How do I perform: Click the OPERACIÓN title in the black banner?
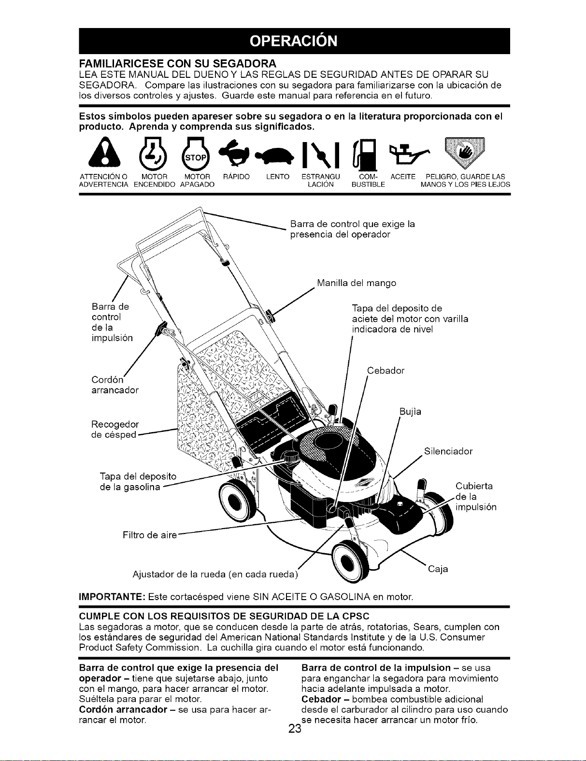(x=294, y=41)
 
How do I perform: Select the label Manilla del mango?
(x=357, y=283)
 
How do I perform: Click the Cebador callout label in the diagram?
(x=386, y=371)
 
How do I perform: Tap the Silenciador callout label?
(x=448, y=451)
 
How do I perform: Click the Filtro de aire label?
(x=149, y=535)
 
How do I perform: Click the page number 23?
(x=295, y=729)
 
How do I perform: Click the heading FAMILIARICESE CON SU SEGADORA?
(x=178, y=64)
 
